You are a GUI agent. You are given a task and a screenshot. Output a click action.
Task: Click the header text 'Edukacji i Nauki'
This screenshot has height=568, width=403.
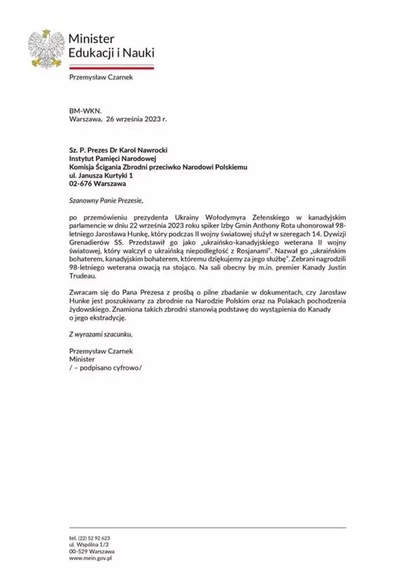(x=111, y=53)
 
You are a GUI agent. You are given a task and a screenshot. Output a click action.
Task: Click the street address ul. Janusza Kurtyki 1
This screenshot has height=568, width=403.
(x=101, y=176)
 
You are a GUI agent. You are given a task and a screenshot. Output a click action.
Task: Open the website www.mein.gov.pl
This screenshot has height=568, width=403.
(x=90, y=558)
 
